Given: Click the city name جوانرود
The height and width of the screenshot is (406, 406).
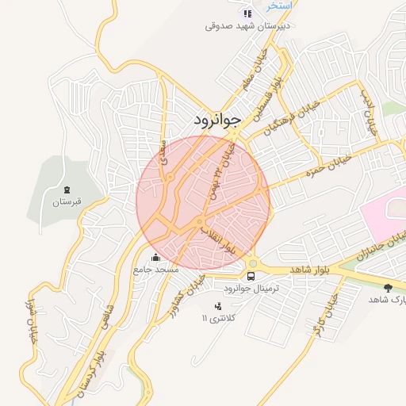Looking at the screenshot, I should pyautogui.click(x=216, y=121).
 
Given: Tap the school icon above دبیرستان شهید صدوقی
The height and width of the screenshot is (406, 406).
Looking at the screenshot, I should pyautogui.click(x=248, y=13).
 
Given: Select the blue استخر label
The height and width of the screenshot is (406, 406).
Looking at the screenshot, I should pyautogui.click(x=279, y=5).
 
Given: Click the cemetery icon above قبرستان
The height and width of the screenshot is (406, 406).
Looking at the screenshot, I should pyautogui.click(x=67, y=190).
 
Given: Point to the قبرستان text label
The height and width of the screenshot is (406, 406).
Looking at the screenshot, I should pyautogui.click(x=67, y=202).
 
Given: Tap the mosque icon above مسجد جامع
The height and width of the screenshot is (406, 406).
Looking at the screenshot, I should pyautogui.click(x=155, y=258).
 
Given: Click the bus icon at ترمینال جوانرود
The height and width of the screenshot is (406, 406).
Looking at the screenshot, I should pyautogui.click(x=251, y=276).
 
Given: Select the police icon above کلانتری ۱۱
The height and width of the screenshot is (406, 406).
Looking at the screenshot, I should pyautogui.click(x=218, y=306).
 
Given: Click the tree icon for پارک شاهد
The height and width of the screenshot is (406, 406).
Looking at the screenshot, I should pyautogui.click(x=387, y=288).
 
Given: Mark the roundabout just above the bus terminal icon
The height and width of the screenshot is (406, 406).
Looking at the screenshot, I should pyautogui.click(x=253, y=262).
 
